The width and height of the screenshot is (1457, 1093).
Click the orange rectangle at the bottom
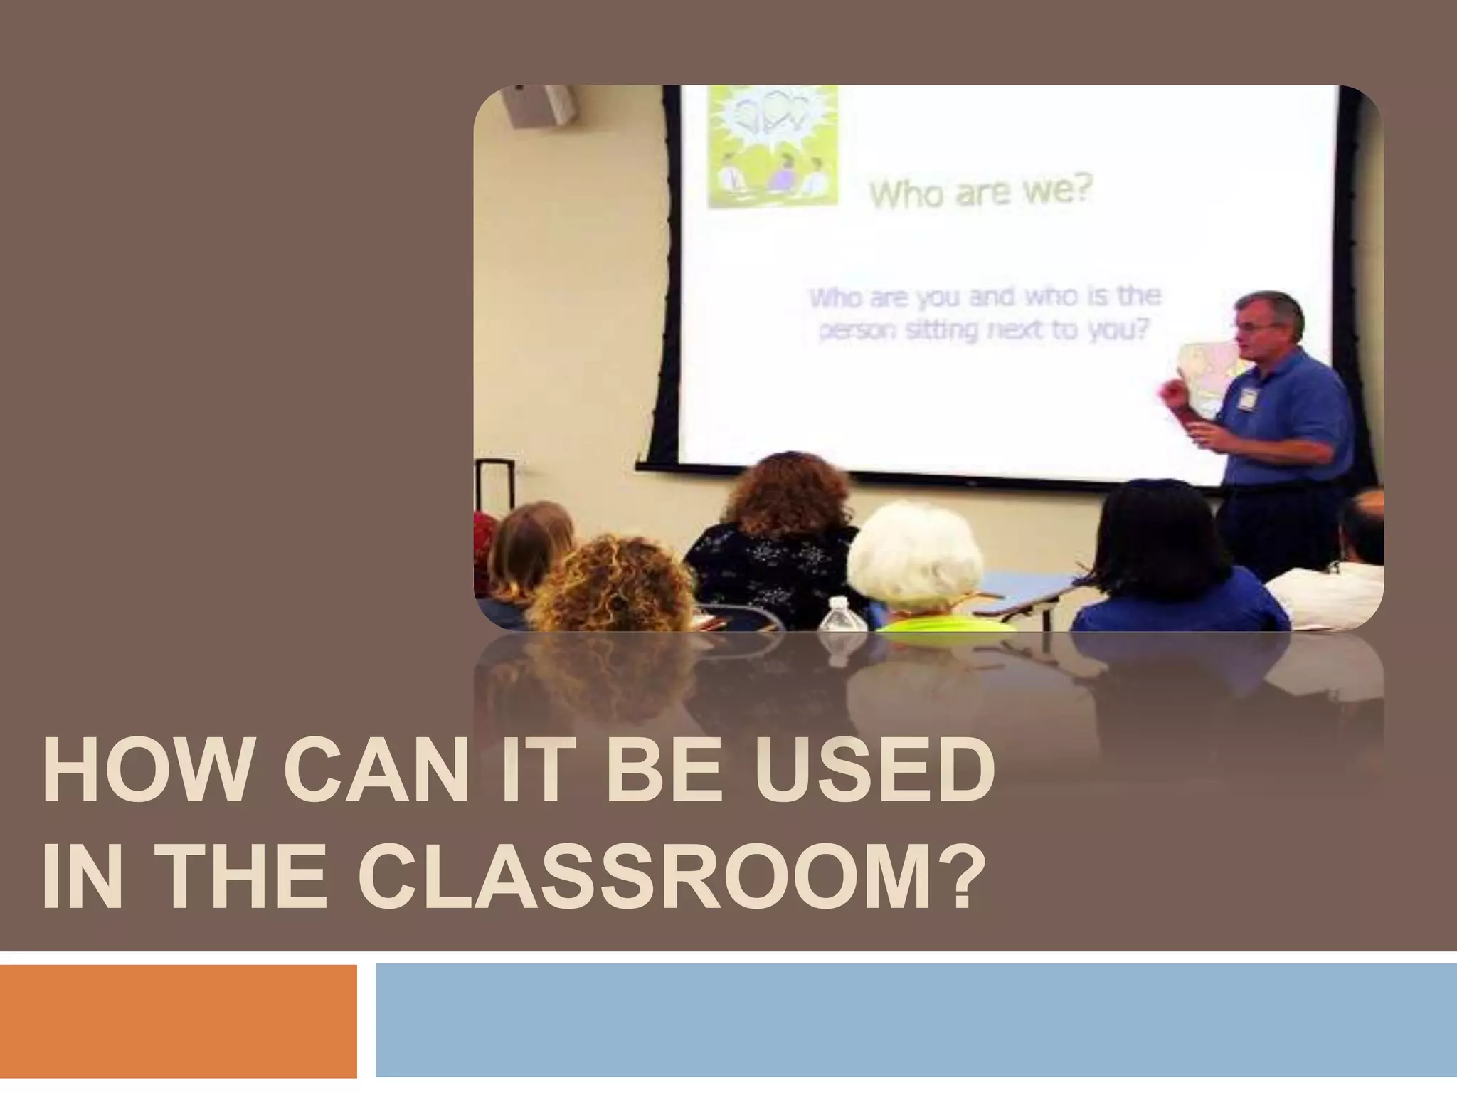(x=178, y=1020)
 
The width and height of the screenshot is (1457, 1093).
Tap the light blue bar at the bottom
(x=916, y=1020)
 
